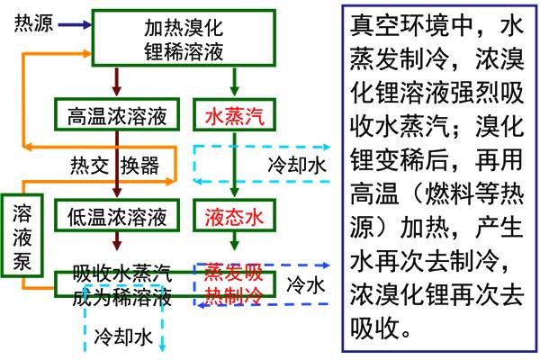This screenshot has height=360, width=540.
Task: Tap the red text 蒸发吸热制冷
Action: (x=233, y=282)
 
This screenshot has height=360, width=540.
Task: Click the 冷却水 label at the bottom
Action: (x=123, y=336)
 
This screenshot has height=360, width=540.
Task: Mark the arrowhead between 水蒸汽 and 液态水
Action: (x=234, y=193)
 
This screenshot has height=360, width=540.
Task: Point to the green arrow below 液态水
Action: (x=234, y=240)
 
